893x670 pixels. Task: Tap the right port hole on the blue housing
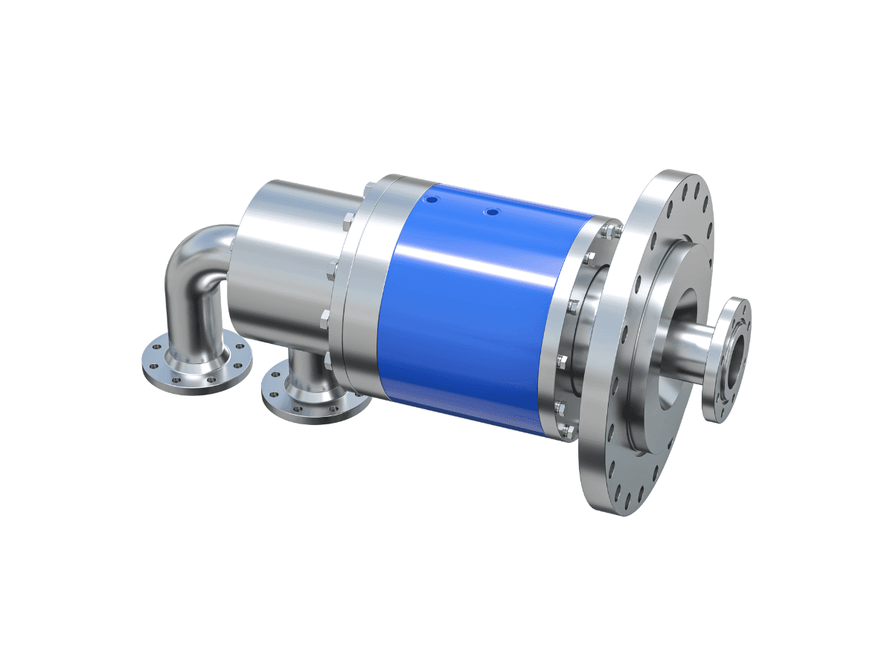click(x=490, y=213)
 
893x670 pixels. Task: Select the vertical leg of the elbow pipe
click(x=195, y=313)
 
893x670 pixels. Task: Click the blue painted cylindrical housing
click(x=476, y=298)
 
